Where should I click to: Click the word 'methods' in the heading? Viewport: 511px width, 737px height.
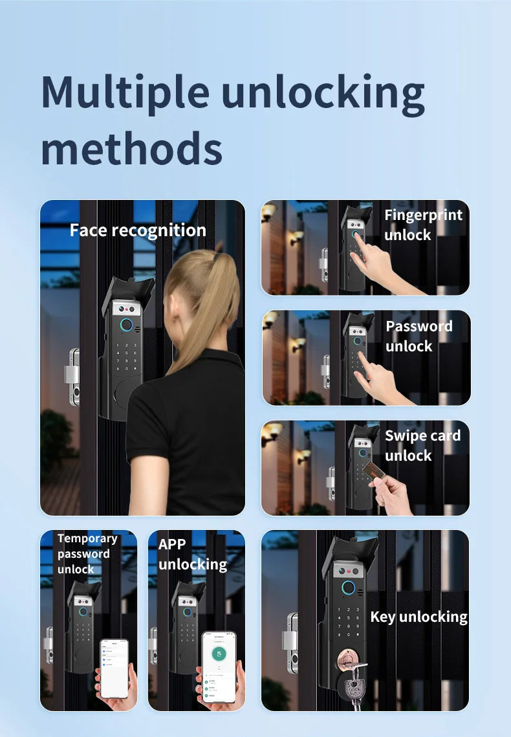tap(131, 148)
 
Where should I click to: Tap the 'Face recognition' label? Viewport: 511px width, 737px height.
tap(138, 230)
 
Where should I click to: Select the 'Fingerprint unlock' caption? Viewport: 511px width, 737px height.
tap(423, 225)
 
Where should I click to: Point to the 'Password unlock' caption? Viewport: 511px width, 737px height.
tap(419, 336)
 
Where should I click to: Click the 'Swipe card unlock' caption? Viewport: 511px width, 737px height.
tap(422, 446)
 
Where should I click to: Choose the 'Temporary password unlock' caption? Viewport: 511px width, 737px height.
tap(87, 554)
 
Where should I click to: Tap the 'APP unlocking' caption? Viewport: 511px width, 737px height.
tap(192, 555)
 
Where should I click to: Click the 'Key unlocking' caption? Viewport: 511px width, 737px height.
tap(419, 617)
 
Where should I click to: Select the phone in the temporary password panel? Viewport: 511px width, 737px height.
tap(114, 668)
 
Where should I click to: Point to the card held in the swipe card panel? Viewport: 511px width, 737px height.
tap(373, 472)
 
